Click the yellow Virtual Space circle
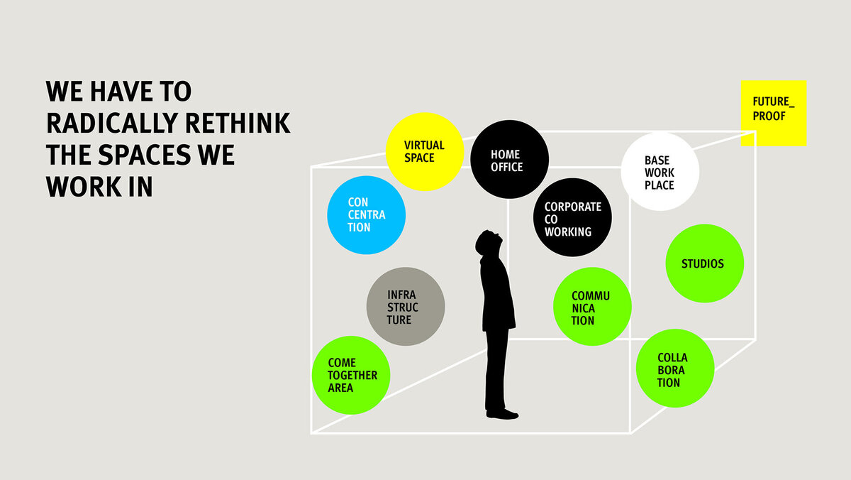coord(424,151)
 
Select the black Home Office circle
coord(509,159)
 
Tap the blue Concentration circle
coord(366,215)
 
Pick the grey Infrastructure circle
coord(405,307)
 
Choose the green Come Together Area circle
coord(351,375)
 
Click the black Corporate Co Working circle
coord(572,217)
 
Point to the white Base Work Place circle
coord(660,172)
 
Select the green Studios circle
coord(704,263)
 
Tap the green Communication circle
coord(592,307)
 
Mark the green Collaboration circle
coord(674,369)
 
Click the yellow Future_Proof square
coord(773,112)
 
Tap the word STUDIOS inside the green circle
coord(703,263)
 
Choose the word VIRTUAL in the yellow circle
coord(424,145)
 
